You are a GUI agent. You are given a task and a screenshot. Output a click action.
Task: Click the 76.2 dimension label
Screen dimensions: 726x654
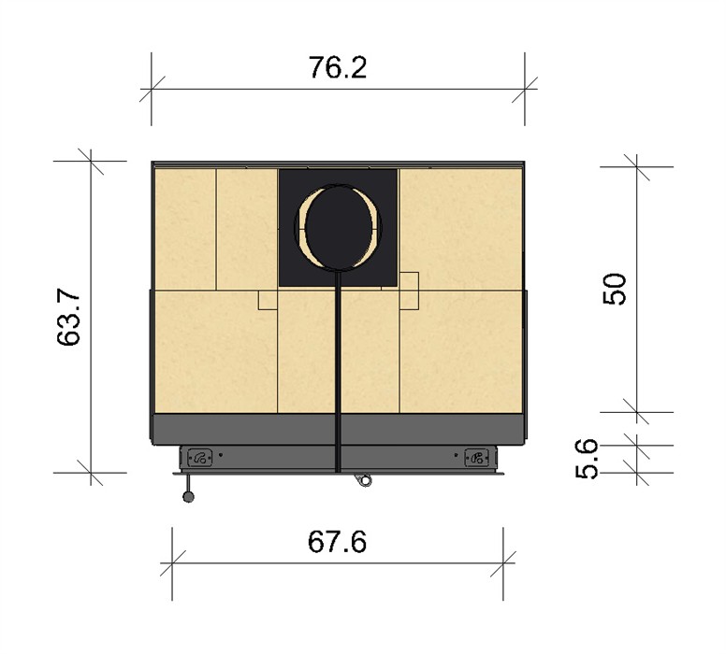tap(338, 67)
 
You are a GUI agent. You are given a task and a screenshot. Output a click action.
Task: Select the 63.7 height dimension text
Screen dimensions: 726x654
tap(68, 319)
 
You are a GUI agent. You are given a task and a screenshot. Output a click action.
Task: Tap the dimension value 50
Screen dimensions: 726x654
tap(615, 289)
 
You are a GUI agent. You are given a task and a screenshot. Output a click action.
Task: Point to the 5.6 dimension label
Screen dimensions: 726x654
tap(587, 460)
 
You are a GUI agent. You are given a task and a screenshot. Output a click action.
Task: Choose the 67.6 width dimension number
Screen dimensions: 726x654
tap(337, 542)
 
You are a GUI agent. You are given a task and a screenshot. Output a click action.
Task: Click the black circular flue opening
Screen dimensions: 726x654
tap(339, 227)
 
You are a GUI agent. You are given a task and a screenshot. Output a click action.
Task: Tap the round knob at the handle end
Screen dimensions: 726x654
tap(188, 497)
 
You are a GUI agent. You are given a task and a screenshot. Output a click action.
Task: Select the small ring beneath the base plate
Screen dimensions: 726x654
tap(365, 481)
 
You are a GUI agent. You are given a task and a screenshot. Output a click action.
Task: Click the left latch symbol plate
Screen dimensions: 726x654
tap(200, 458)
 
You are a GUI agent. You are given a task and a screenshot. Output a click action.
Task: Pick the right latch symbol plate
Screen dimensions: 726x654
tap(476, 458)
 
